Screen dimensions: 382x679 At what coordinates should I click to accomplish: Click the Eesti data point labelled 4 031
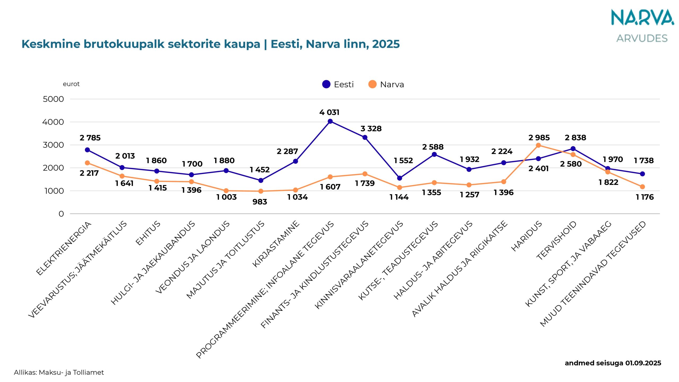pyautogui.click(x=330, y=121)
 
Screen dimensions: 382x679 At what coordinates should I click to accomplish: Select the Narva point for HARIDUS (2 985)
pyautogui.click(x=538, y=145)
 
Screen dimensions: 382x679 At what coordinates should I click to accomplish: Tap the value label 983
pyautogui.click(x=260, y=202)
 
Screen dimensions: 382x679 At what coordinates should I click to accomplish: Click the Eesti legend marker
pyautogui.click(x=326, y=84)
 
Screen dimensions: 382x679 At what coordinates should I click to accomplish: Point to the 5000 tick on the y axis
pyautogui.click(x=53, y=99)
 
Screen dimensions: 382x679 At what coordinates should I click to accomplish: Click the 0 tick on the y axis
pyautogui.click(x=61, y=214)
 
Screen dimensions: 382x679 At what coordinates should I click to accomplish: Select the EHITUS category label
pyautogui.click(x=148, y=233)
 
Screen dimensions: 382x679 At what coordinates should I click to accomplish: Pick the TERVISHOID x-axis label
pyautogui.click(x=556, y=240)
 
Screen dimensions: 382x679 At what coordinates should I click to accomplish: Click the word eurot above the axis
pyautogui.click(x=71, y=84)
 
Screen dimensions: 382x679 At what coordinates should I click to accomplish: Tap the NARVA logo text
pyautogui.click(x=642, y=18)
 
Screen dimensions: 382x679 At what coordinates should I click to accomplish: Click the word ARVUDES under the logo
pyautogui.click(x=642, y=38)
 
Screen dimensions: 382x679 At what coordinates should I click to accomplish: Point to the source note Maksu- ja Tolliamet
pyautogui.click(x=71, y=372)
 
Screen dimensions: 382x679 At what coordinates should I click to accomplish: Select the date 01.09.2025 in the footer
pyautogui.click(x=643, y=363)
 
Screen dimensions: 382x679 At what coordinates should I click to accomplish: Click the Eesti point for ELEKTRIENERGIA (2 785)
pyautogui.click(x=87, y=150)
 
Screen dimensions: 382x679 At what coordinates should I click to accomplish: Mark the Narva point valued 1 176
pyautogui.click(x=642, y=187)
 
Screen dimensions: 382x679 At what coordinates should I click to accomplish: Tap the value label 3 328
pyautogui.click(x=371, y=129)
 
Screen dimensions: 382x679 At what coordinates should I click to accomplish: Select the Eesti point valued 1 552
pyautogui.click(x=400, y=178)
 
